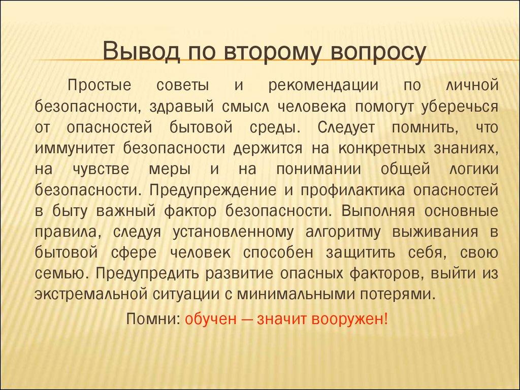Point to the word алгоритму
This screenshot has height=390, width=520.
click(x=345, y=232)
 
